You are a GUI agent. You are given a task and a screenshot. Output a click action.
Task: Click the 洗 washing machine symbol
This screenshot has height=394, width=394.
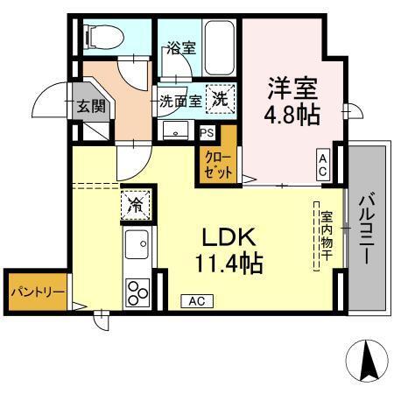222,100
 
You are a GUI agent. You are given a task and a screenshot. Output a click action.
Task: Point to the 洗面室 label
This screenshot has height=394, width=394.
180,101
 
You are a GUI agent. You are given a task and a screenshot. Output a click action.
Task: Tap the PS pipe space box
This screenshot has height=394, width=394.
206,133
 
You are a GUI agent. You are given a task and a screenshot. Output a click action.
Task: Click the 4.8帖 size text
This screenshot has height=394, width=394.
292,115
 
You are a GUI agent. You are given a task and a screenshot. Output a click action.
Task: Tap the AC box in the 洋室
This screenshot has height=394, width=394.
323,164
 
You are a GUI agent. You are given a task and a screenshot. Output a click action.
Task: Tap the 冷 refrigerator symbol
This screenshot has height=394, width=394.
137,205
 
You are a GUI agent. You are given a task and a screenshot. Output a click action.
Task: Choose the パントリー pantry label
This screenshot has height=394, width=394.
36,289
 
